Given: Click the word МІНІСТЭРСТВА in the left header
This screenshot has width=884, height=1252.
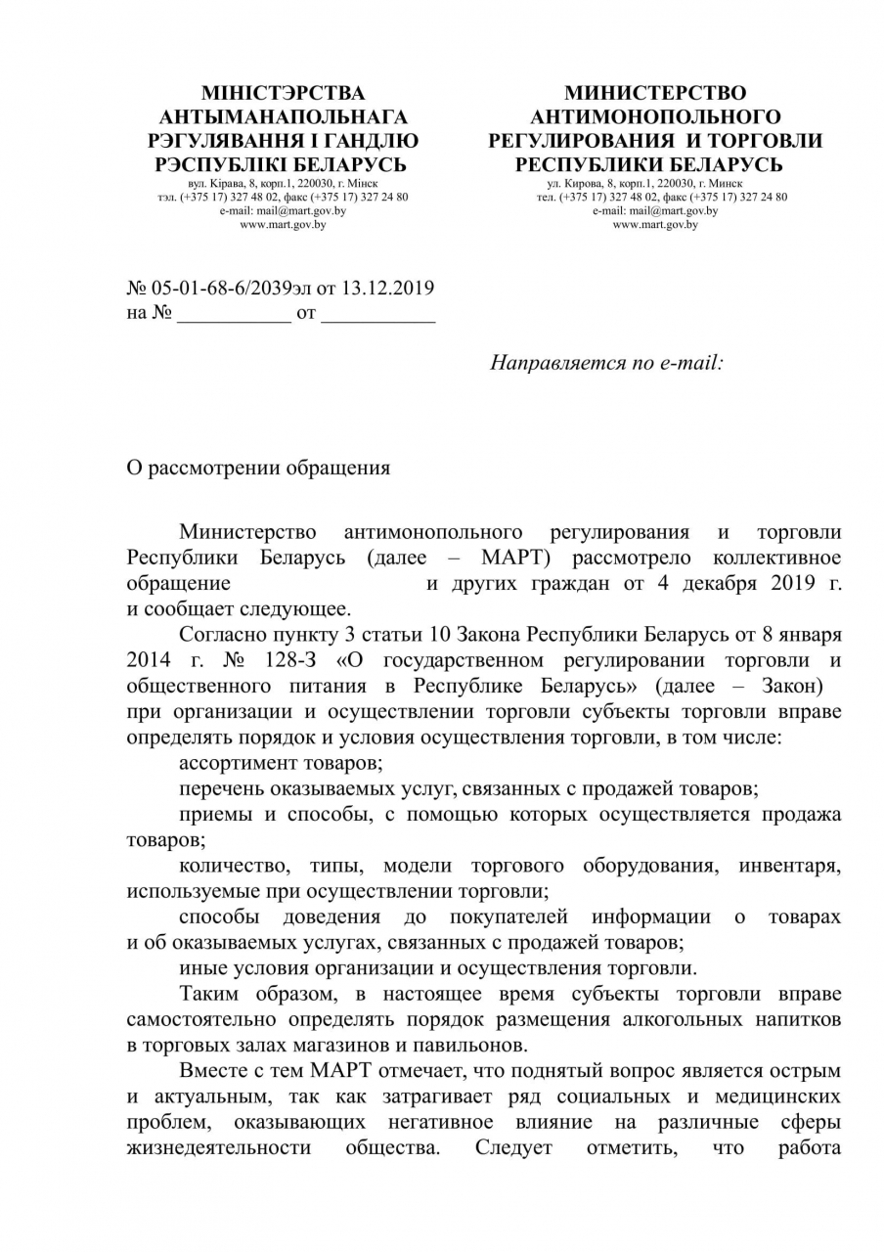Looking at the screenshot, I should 283,94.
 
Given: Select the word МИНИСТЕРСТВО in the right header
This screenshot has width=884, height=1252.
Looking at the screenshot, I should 655,94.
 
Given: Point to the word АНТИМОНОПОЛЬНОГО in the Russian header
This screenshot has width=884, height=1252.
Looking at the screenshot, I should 655,117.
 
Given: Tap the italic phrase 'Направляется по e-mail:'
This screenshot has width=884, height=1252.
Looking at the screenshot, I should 606,363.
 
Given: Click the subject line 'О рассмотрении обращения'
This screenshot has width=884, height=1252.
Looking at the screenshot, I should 259,468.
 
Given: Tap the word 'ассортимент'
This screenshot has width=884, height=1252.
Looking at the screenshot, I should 235,762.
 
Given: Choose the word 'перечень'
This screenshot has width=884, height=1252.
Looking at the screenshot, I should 218,787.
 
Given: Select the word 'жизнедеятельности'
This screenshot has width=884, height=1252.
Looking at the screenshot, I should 219,1147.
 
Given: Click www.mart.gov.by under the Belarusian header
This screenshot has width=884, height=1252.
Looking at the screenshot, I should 283,224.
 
